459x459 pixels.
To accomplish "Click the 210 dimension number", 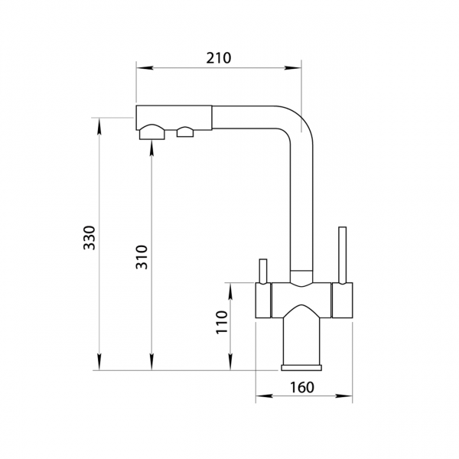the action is point(219,58).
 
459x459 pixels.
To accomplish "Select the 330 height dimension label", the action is point(90,238).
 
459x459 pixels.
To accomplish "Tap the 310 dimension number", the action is point(142,257).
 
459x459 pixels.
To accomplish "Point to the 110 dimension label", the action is point(222,322).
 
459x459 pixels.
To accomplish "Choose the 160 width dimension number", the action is point(302,387).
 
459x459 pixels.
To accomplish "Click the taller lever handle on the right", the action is point(342,255).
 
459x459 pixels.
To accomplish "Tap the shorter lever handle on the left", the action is point(263,271).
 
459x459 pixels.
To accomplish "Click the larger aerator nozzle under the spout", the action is point(152,132).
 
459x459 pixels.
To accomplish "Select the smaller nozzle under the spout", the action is point(185,132).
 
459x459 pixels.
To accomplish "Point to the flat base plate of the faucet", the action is point(301,368).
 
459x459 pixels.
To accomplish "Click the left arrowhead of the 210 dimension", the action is point(145,68).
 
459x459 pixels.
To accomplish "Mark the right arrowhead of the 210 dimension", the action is point(292,68).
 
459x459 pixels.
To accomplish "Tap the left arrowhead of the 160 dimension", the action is point(265,396).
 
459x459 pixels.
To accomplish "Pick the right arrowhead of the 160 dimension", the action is point(343,396).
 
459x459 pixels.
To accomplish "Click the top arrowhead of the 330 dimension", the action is point(99,126).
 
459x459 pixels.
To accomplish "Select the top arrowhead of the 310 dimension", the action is point(151,148).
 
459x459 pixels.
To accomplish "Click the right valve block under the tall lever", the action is point(342,300).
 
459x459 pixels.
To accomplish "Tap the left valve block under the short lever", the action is point(263,300).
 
